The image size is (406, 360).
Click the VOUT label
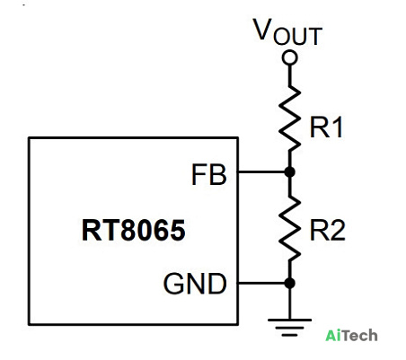(x=287, y=31)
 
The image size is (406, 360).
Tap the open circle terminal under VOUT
(x=289, y=57)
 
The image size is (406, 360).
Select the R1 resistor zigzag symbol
(x=289, y=119)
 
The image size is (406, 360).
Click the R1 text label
(x=326, y=127)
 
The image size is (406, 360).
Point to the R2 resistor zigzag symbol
(x=289, y=228)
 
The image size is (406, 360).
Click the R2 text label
(x=328, y=230)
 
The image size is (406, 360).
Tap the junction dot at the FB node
(x=289, y=172)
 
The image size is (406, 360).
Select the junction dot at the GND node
(x=289, y=283)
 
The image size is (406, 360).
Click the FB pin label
(x=209, y=174)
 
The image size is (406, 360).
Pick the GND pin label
(x=195, y=284)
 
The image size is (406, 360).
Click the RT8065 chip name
(x=134, y=230)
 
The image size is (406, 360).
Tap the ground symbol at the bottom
(x=289, y=328)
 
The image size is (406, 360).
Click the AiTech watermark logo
(x=351, y=335)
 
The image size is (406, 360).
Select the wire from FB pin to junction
(x=261, y=172)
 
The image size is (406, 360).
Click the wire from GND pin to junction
(x=261, y=283)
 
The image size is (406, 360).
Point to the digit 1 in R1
(x=338, y=127)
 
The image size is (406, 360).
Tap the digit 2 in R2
(x=339, y=230)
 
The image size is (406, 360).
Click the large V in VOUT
(x=262, y=29)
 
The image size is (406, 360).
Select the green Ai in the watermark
(x=331, y=335)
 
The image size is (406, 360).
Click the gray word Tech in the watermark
(x=358, y=335)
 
